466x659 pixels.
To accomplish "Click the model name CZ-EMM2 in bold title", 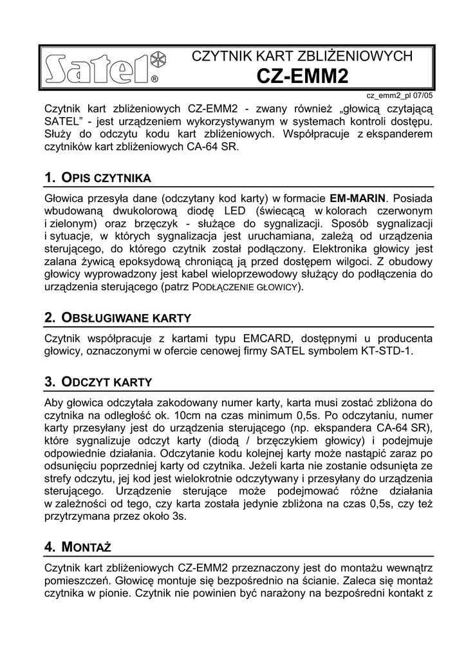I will pyautogui.click(x=302, y=77).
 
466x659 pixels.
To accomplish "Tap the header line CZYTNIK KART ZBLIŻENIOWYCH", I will pyautogui.click(x=302, y=56).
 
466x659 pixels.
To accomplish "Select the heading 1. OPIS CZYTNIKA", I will pyautogui.click(x=98, y=177).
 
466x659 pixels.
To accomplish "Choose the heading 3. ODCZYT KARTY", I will pyautogui.click(x=98, y=382).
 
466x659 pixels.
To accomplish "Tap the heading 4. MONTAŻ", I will pyautogui.click(x=78, y=547).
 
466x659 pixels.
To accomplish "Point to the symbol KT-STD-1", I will pyautogui.click(x=387, y=351).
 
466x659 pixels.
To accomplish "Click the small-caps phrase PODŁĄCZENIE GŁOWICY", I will pyautogui.click(x=246, y=286).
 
